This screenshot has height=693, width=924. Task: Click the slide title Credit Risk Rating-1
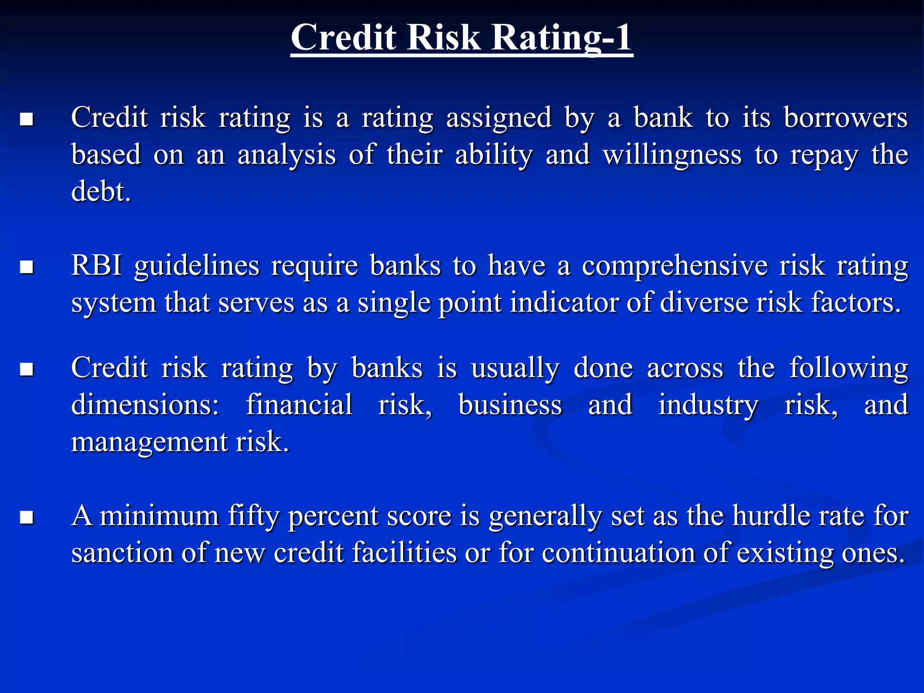pyautogui.click(x=462, y=37)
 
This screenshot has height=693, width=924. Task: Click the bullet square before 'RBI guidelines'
pyautogui.click(x=27, y=267)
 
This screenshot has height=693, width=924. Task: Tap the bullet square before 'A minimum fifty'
pyautogui.click(x=27, y=517)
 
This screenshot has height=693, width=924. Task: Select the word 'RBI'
pyautogui.click(x=97, y=265)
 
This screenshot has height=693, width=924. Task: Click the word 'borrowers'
pyautogui.click(x=845, y=118)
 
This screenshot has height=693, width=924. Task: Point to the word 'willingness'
pyautogui.click(x=672, y=155)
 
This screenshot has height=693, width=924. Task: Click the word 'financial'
pyautogui.click(x=299, y=405)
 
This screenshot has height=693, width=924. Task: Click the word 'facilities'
pyautogui.click(x=404, y=553)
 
